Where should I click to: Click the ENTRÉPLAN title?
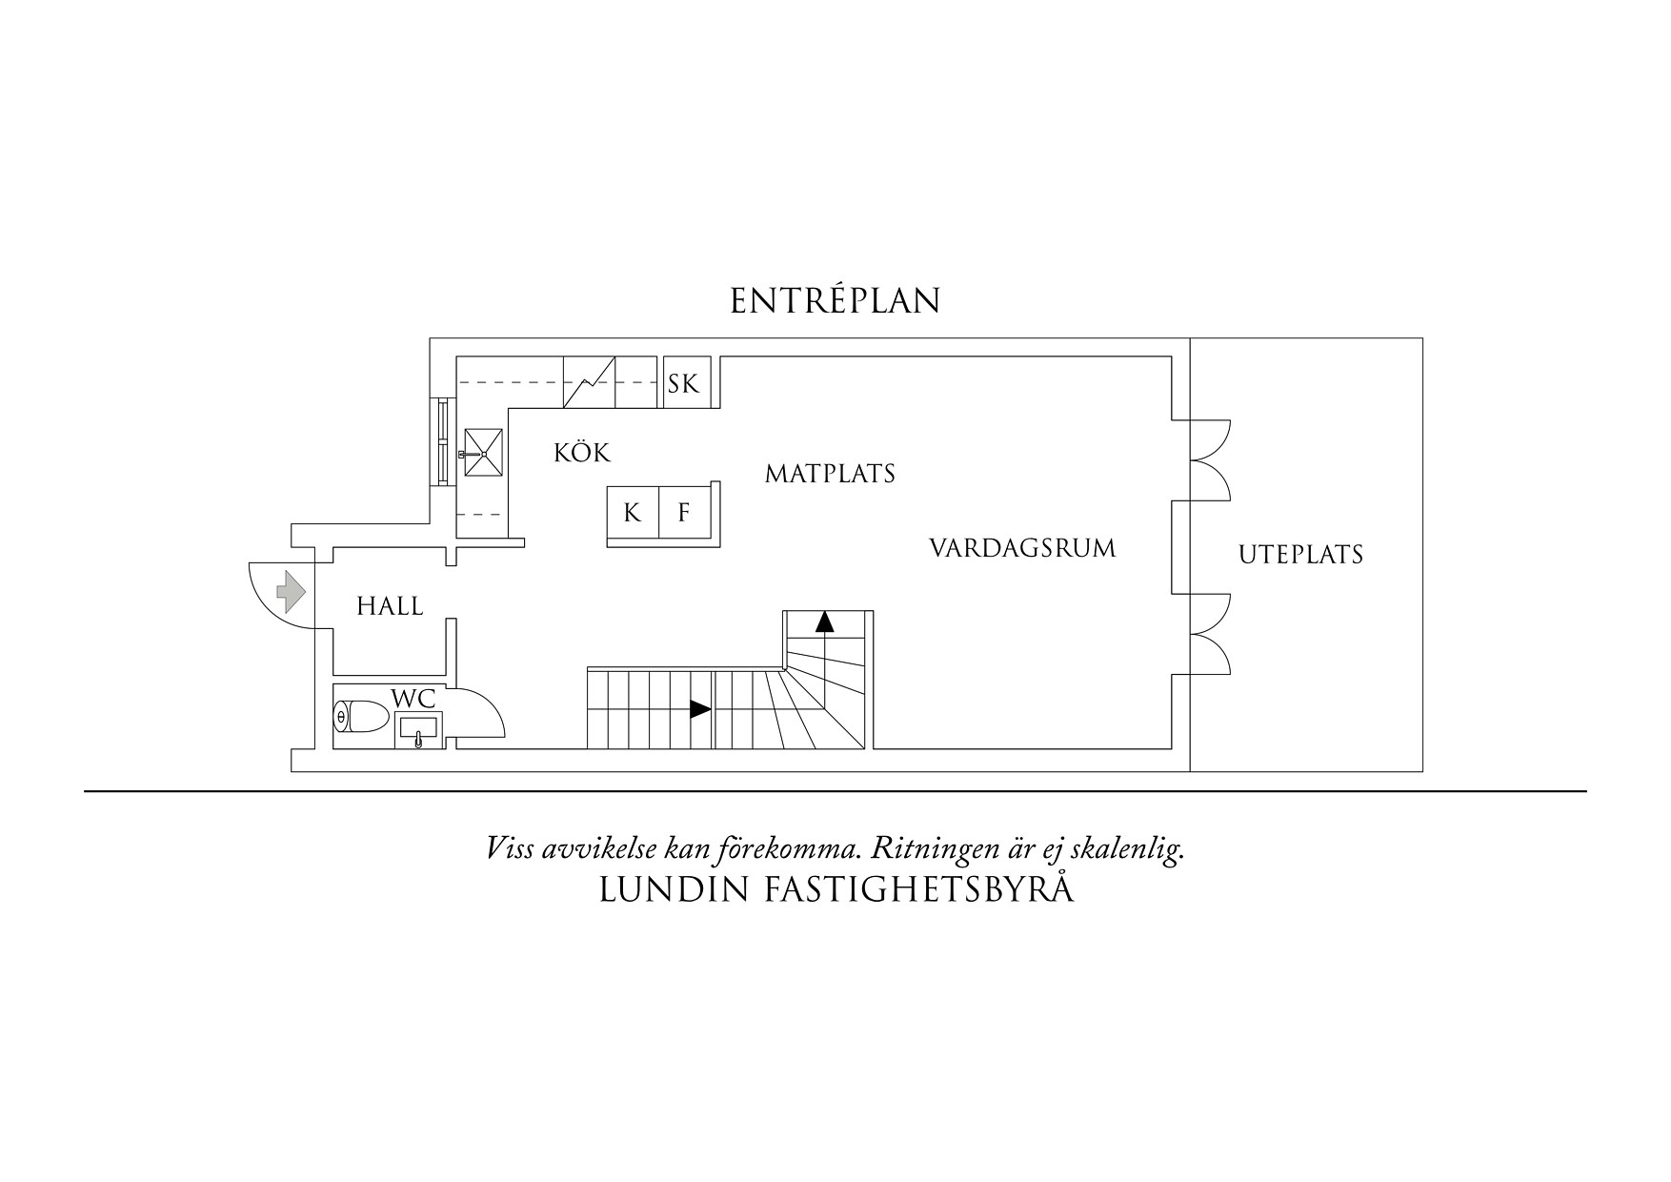pos(835,301)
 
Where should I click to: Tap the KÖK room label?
pos(581,453)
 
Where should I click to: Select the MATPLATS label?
pos(830,474)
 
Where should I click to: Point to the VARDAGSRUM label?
pos(1021,549)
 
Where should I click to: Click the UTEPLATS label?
pos(1300,555)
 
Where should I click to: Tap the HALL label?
pos(390,606)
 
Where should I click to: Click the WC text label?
pos(413,698)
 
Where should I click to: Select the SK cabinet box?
pos(683,383)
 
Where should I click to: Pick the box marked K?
pos(633,513)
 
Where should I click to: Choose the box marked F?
pos(684,513)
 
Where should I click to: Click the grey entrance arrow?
pos(290,592)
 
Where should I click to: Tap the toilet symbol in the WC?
pos(359,716)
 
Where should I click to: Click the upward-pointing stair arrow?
pos(824,622)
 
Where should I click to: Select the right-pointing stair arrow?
pos(700,709)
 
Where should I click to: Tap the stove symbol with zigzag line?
pos(589,382)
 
